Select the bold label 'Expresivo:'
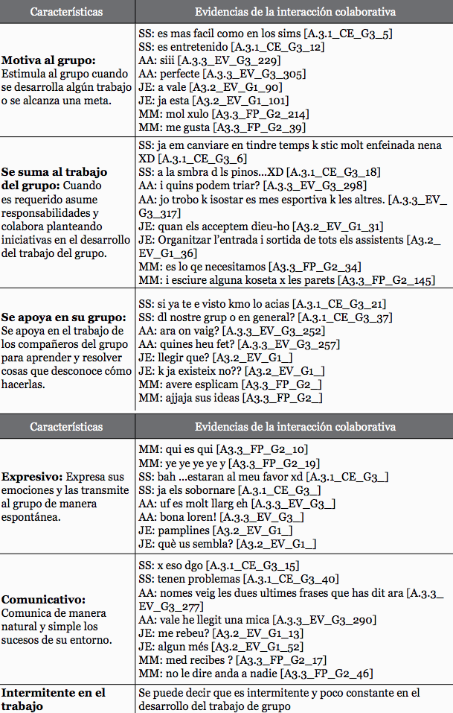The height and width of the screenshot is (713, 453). coord(31,476)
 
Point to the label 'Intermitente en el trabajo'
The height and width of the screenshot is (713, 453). coord(53,699)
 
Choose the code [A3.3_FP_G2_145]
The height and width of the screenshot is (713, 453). coord(386,280)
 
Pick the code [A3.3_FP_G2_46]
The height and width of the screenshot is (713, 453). coord(326,674)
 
